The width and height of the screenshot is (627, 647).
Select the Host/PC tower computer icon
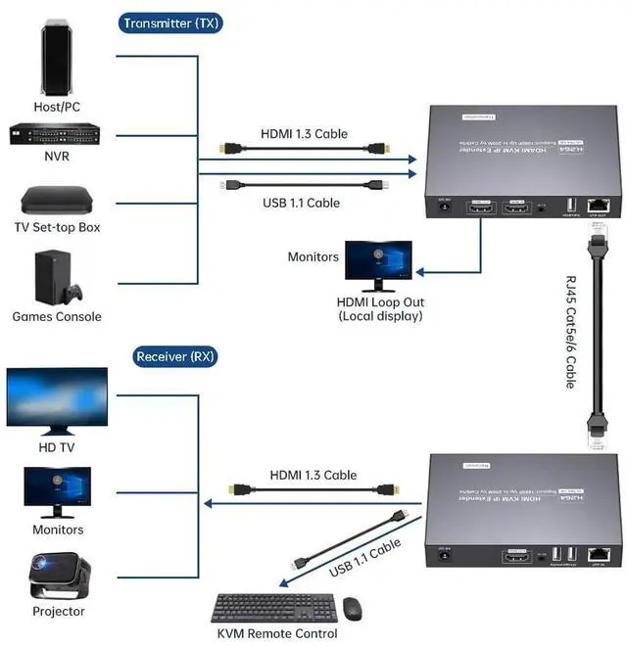(x=57, y=59)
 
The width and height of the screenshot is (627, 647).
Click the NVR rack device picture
(x=57, y=134)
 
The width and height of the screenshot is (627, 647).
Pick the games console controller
(x=72, y=292)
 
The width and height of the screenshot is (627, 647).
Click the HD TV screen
(x=57, y=400)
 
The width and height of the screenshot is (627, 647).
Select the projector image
(x=58, y=577)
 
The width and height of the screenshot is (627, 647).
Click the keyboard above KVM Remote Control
(x=273, y=608)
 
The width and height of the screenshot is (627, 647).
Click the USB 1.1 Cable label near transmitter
(x=301, y=203)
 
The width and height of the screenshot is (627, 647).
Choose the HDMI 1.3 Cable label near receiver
(x=313, y=475)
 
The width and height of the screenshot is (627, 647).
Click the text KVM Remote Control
(x=277, y=634)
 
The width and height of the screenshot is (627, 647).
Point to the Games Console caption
(x=57, y=317)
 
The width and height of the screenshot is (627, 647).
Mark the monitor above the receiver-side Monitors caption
(x=57, y=491)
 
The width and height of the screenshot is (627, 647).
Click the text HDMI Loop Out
(x=380, y=302)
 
